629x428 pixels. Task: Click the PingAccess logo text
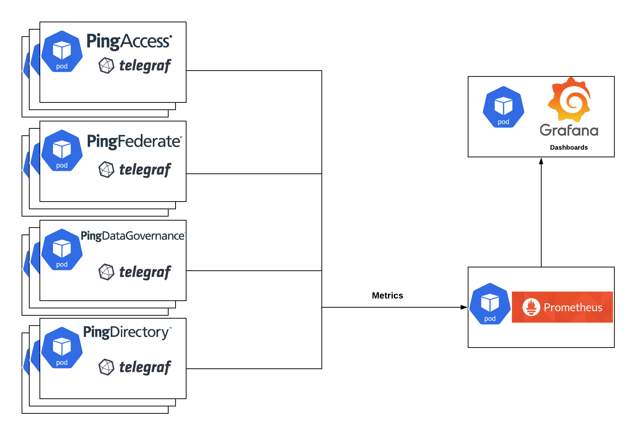129,41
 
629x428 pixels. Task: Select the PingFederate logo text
134,141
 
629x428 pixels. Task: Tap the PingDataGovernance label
132,236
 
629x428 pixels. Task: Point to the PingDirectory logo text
127,332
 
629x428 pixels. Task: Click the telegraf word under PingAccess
145,66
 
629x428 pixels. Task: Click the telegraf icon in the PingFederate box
106,169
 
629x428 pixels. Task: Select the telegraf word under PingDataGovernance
145,272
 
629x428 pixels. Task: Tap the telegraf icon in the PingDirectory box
106,367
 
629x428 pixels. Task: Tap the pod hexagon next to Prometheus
490,304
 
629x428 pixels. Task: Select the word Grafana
569,130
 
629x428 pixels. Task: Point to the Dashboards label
569,147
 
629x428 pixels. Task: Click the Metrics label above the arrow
387,296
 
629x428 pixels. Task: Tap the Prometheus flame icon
531,307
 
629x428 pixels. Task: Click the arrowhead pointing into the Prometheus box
464,307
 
